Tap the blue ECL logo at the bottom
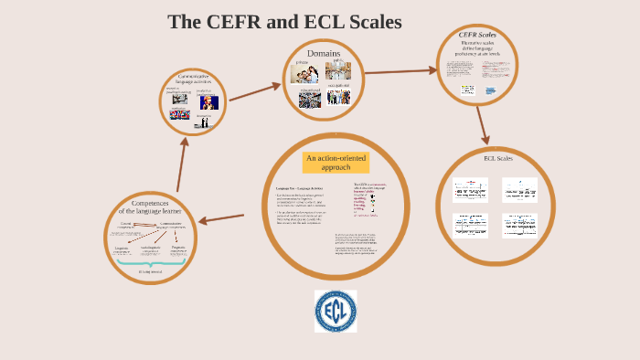click(x=336, y=312)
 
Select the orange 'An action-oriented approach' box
click(x=336, y=163)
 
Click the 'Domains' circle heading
click(x=324, y=54)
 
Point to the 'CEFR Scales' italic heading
click(x=477, y=36)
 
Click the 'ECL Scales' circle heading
click(x=498, y=158)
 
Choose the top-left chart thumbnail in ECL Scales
click(x=472, y=188)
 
